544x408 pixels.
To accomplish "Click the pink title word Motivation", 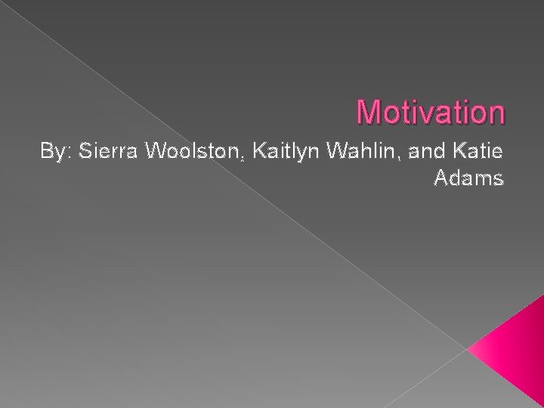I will click(x=431, y=112).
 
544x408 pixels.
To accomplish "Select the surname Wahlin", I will click(x=366, y=152).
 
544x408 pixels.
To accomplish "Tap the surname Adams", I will click(x=468, y=180).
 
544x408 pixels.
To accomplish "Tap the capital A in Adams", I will click(x=443, y=180).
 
